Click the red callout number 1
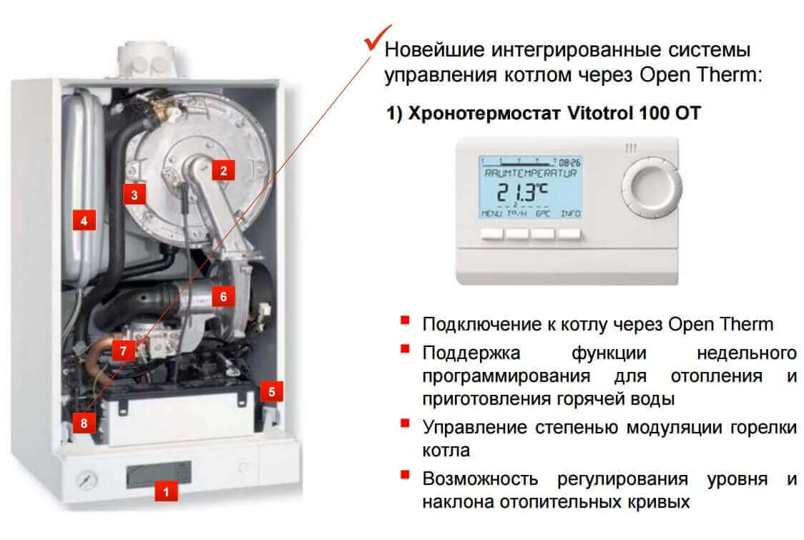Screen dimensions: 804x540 coord(166,492)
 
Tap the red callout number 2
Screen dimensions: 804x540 coord(223,170)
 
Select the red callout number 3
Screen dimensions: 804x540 coord(134,195)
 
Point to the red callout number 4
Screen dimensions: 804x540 coord(84,220)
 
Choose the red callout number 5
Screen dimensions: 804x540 coord(271,392)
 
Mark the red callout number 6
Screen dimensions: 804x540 coord(223,296)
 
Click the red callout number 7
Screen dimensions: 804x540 coord(123,350)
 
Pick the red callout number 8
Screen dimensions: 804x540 coord(84,423)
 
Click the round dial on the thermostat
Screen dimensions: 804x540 coord(651,187)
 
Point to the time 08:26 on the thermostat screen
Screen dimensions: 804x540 coord(569,162)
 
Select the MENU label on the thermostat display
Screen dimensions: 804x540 coord(491,213)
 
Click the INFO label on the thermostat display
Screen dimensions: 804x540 coord(570,213)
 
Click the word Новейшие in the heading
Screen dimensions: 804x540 coord(434,50)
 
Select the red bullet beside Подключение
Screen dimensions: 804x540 coord(405,320)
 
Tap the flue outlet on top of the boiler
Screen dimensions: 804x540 coord(147,60)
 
